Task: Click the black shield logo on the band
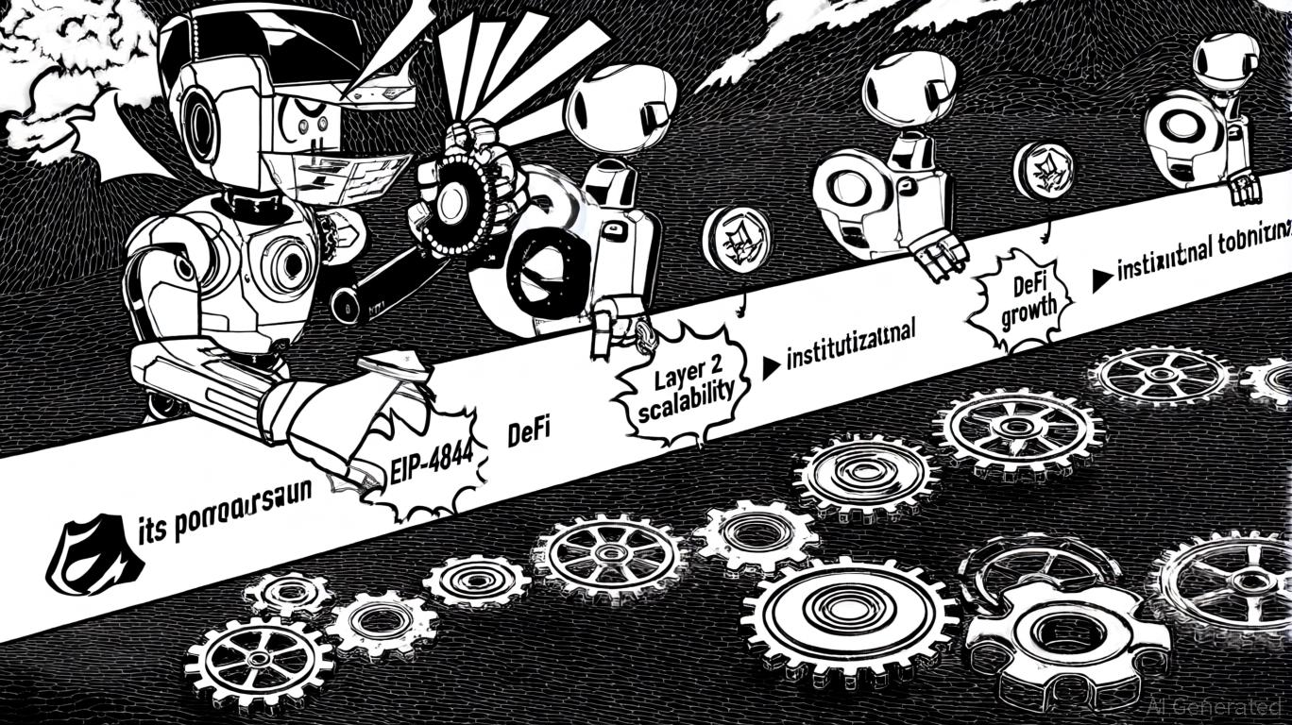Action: pos(93,552)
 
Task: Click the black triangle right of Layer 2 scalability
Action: pos(771,366)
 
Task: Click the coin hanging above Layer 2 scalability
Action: pos(737,240)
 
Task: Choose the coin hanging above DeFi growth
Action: pos(1044,171)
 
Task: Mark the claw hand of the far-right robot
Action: pos(1246,187)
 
